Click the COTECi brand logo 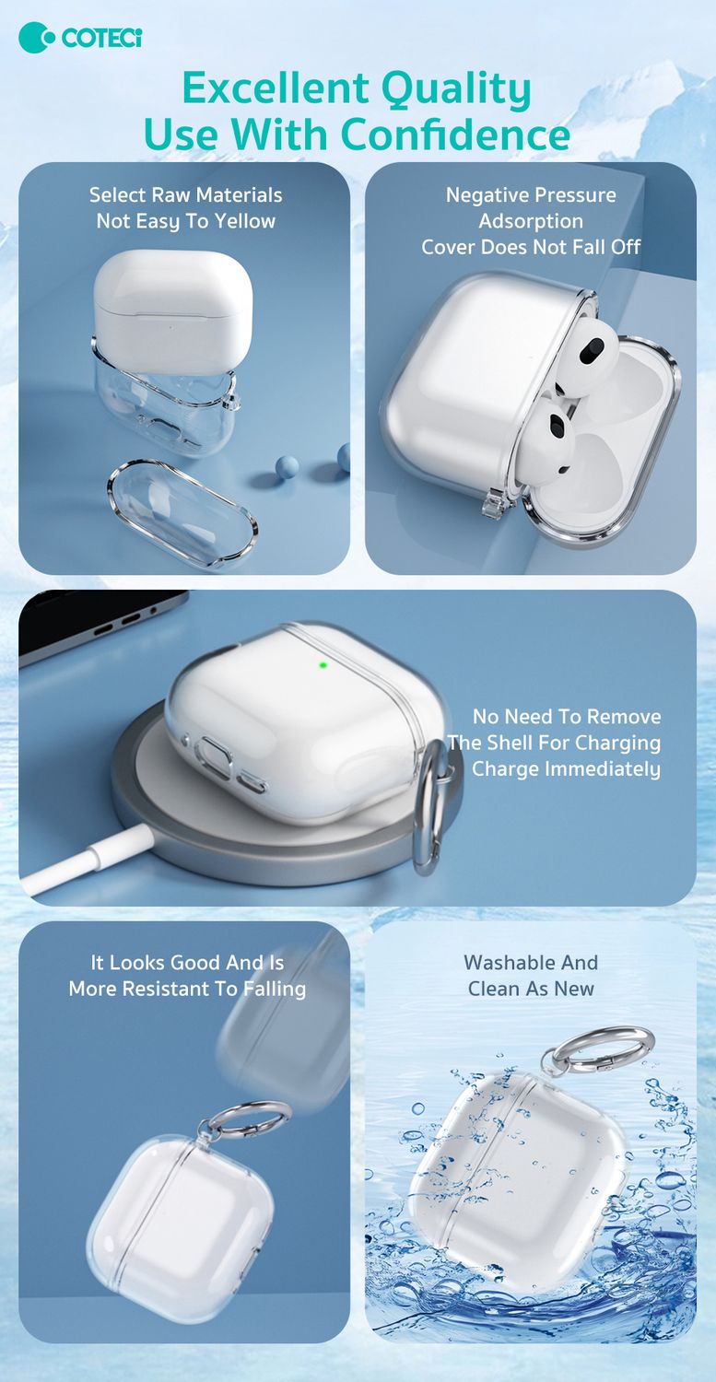[x=80, y=39]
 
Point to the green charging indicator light [x=323, y=665]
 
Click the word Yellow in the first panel [x=244, y=221]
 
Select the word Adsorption [x=531, y=221]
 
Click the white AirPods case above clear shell [x=173, y=305]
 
